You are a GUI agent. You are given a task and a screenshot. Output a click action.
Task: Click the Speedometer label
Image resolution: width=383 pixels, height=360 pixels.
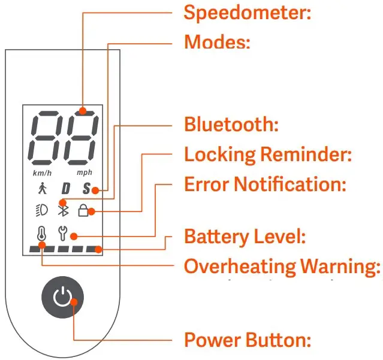tap(247, 12)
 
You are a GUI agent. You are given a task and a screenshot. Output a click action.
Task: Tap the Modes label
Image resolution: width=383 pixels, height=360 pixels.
tap(216, 42)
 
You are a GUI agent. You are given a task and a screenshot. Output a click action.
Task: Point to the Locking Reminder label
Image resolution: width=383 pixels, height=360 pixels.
tap(267, 155)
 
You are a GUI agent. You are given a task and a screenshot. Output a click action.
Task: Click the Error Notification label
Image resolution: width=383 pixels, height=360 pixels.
tap(265, 184)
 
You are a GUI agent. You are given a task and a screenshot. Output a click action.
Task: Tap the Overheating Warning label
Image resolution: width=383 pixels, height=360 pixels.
tap(282, 266)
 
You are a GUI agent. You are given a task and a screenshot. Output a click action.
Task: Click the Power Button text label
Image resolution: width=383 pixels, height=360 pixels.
tap(247, 340)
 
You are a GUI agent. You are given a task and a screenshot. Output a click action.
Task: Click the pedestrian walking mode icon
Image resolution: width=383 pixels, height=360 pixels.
tap(41, 189)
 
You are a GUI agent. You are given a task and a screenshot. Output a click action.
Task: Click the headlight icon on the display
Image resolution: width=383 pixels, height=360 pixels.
tap(41, 210)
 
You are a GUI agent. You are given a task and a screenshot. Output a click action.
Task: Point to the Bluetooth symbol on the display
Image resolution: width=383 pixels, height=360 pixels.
tap(62, 210)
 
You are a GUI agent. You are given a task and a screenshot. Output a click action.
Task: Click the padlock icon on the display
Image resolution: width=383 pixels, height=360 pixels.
tap(84, 210)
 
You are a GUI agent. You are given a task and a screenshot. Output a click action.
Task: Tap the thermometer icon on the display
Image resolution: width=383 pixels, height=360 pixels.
tap(41, 233)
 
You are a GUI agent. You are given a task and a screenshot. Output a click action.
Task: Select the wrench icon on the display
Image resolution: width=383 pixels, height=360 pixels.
tap(62, 232)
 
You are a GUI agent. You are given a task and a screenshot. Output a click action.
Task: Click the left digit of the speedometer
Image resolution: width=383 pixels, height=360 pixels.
tap(44, 138)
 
